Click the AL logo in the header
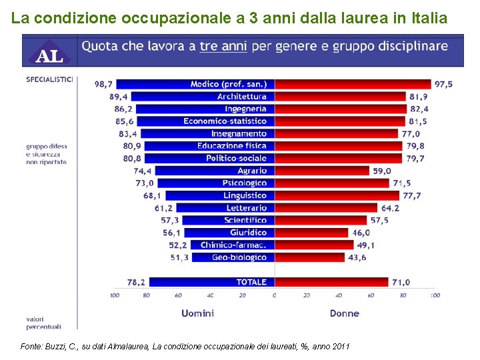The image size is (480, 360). coord(49,51)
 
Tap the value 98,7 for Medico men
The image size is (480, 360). coord(103,84)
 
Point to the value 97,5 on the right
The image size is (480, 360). coord(443,84)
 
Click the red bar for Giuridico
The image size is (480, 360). coord(311,233)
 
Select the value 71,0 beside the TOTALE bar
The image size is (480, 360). coord(401,282)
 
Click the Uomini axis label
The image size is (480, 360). coord(197,313)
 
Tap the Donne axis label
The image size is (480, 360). coord(344,313)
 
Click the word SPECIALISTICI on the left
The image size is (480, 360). coord(49,79)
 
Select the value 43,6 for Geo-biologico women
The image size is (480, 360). coord(357,257)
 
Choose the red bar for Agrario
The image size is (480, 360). coord(322,171)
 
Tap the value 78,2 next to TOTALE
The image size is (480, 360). coord(135,282)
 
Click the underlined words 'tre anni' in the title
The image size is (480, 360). coord(223,47)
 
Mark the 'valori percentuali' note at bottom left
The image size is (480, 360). coord(43,323)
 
